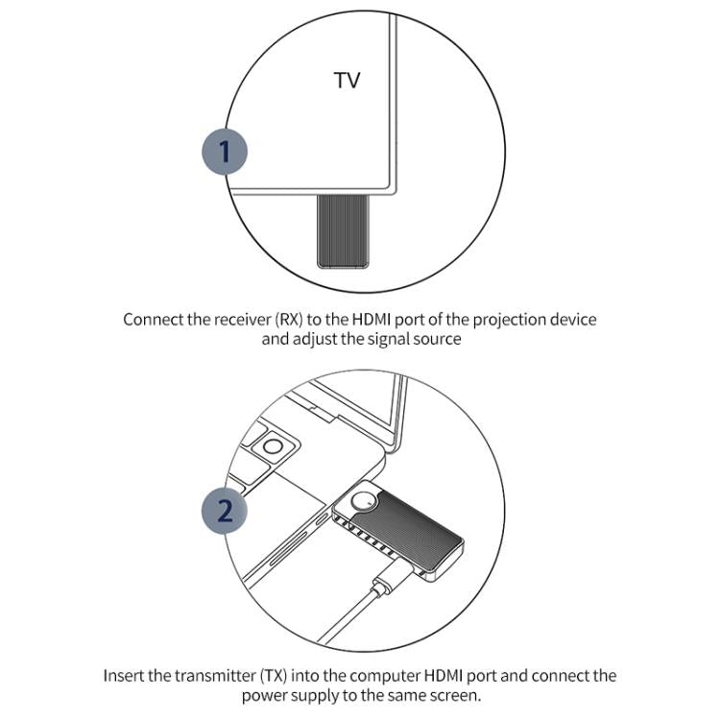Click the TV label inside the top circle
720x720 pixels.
click(x=347, y=81)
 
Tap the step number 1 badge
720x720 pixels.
click(x=225, y=152)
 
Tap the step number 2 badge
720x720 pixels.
click(x=225, y=510)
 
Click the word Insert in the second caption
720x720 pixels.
click(x=125, y=677)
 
